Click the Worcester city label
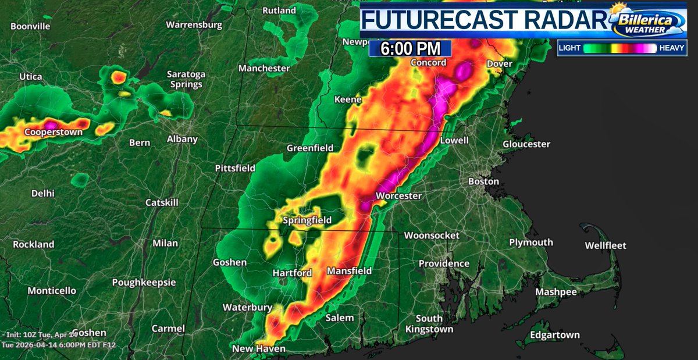click(x=398, y=196)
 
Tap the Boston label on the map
click(x=483, y=181)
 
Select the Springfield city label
click(x=307, y=220)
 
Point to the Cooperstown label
click(x=54, y=132)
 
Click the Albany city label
click(x=182, y=139)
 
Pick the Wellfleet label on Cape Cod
click(x=606, y=245)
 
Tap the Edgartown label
click(x=555, y=334)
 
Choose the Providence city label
click(x=444, y=263)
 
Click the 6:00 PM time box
click(x=410, y=49)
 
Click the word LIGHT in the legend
click(x=569, y=49)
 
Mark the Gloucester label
click(x=526, y=144)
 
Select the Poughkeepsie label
click(x=144, y=282)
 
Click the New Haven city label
click(x=258, y=348)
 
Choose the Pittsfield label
click(x=235, y=168)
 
